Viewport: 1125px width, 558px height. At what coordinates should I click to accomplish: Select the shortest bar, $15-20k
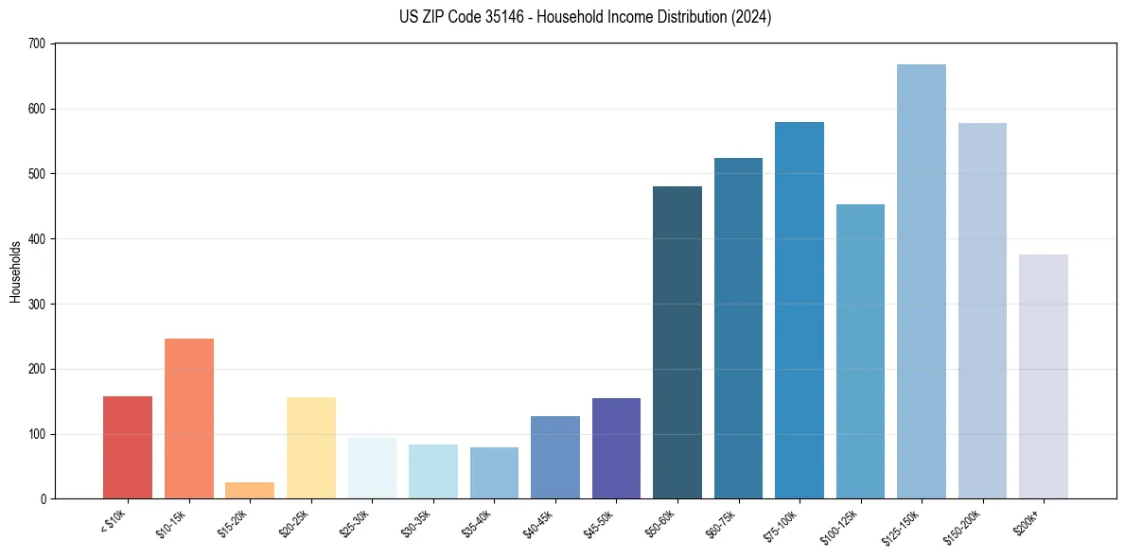point(250,491)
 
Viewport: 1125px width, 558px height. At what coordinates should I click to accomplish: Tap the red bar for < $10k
point(128,447)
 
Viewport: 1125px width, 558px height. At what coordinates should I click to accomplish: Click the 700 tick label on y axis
point(37,44)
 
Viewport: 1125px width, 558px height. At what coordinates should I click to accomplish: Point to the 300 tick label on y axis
point(37,305)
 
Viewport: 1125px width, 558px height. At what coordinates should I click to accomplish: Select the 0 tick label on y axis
point(44,499)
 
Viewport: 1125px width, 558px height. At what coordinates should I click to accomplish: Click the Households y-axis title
point(16,271)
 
